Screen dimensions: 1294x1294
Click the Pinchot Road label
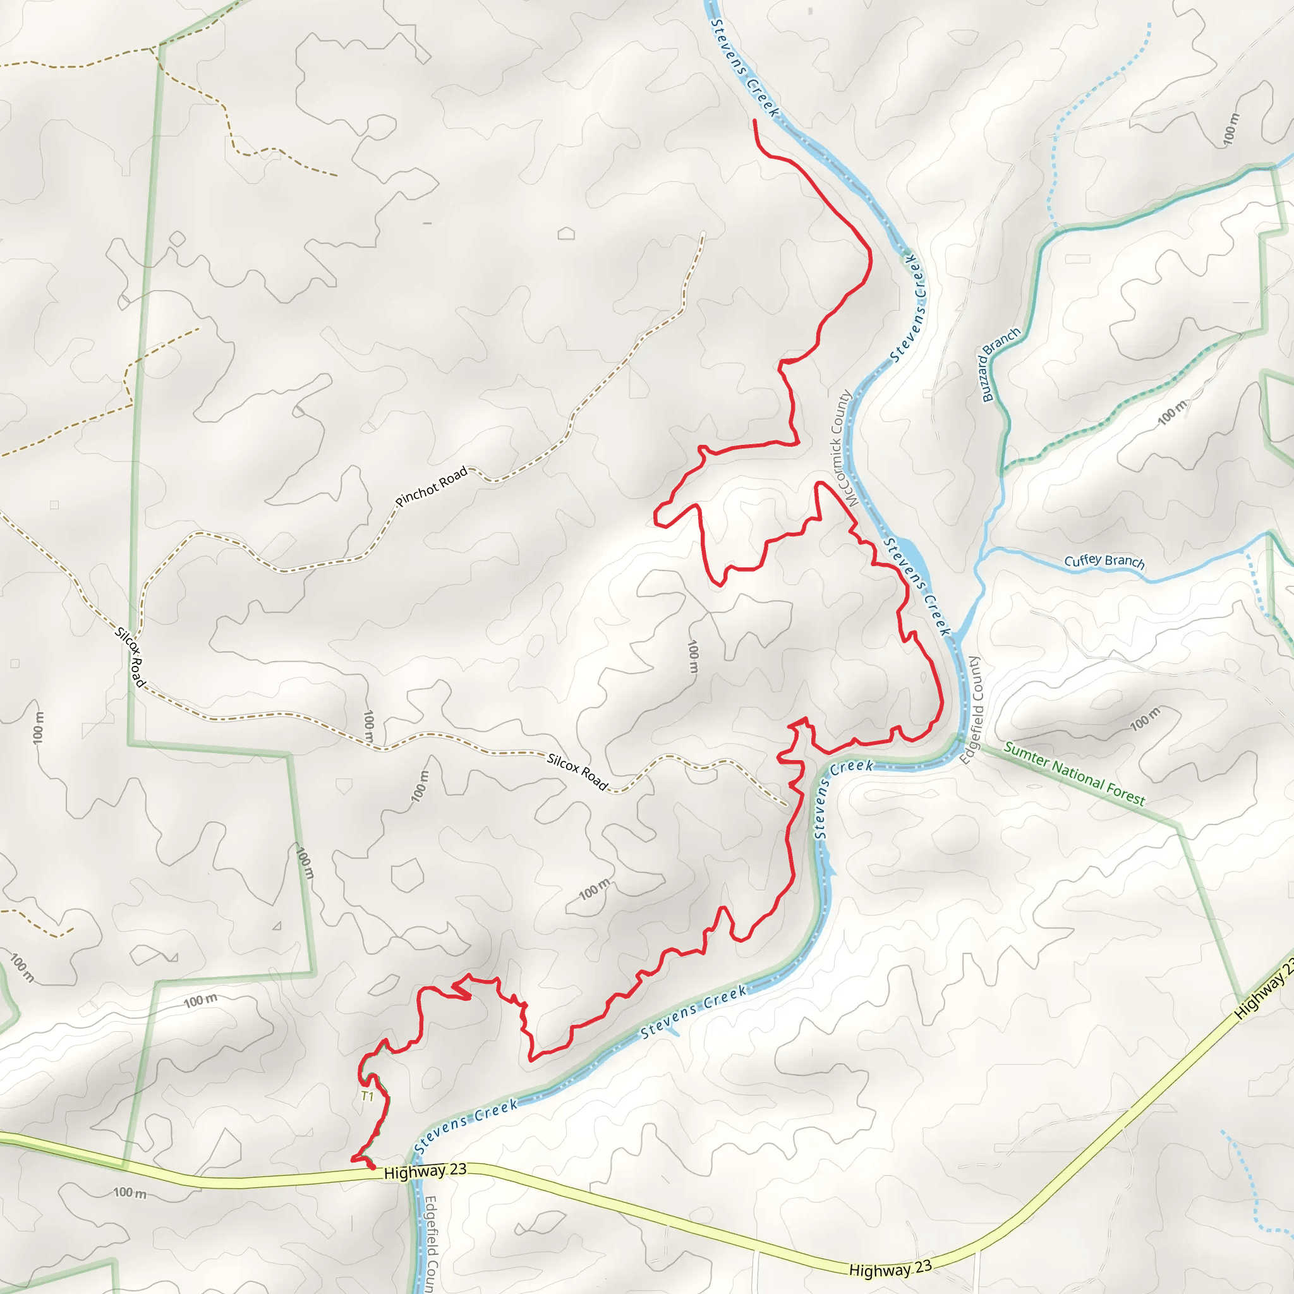click(432, 487)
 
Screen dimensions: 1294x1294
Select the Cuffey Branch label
click(1104, 561)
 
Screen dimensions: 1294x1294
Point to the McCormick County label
click(840, 448)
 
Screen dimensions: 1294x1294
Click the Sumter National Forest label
click(1074, 773)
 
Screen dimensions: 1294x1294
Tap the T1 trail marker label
click(367, 1096)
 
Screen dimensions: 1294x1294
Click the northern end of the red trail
click(755, 121)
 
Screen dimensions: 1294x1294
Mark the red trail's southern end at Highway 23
click(372, 1167)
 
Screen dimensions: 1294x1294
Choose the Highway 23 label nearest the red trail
click(425, 1171)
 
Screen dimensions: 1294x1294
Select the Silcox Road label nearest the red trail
click(577, 771)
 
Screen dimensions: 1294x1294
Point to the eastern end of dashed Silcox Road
click(786, 805)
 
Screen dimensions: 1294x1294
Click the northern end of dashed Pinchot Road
click(703, 233)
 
